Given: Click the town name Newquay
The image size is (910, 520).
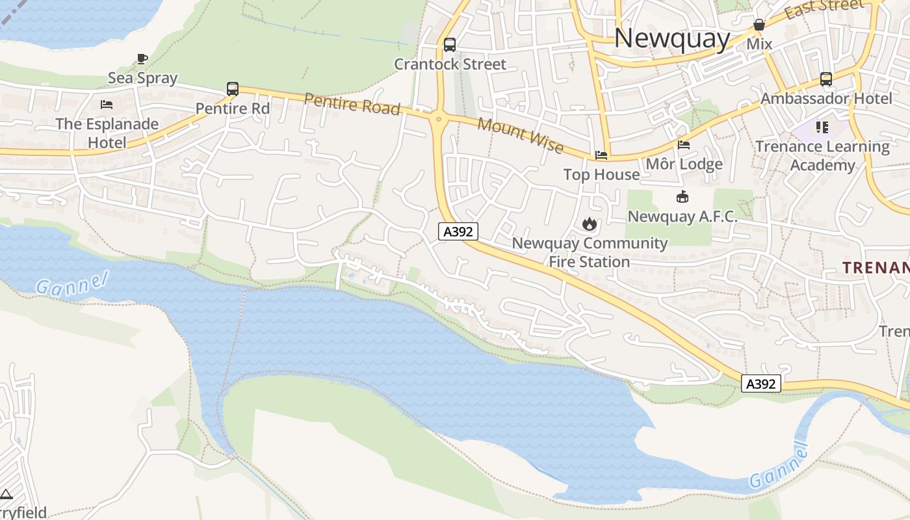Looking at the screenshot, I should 672,38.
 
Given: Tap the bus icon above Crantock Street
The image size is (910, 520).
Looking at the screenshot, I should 450,45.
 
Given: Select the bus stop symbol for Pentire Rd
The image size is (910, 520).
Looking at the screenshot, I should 233,89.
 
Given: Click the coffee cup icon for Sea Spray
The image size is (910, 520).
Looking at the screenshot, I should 142,59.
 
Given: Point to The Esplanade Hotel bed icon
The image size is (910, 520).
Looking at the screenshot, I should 107,104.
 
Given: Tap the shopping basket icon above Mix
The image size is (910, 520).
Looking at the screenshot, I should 759,25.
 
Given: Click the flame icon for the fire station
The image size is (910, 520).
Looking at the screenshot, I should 590,224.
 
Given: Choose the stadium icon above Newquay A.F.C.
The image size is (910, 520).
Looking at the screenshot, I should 682,197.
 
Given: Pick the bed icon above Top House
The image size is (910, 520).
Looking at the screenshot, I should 601,155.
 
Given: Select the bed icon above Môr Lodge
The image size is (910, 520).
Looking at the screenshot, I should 684,145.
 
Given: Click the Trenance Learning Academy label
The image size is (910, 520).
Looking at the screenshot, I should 822,156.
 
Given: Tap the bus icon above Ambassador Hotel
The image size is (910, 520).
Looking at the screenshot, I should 825,79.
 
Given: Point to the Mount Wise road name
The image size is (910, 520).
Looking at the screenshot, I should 521,136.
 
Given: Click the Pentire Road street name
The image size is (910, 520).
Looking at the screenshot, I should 352,104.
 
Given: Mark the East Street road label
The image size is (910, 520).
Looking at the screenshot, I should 824,9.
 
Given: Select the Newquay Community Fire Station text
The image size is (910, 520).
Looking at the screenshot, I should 590,252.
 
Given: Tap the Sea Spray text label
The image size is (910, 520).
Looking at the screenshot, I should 142,78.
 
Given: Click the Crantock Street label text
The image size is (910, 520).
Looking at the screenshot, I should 450,64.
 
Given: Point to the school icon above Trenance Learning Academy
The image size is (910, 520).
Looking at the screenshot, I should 822,127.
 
